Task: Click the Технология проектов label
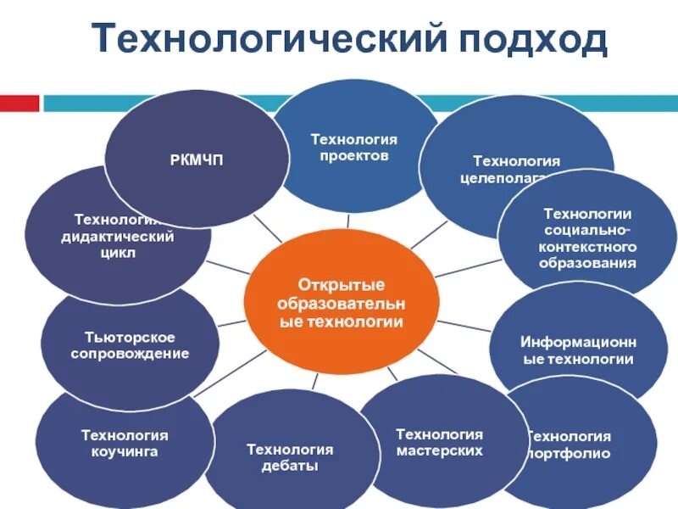point(353,148)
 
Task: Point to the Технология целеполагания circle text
point(516,169)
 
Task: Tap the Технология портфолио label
point(568,445)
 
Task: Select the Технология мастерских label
point(439,442)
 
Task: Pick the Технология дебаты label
point(289,458)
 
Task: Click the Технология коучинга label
point(125,444)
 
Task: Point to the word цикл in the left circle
point(118,253)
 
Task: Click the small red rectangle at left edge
point(19,103)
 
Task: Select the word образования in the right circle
point(587,263)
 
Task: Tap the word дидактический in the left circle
point(118,236)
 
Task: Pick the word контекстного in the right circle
point(587,247)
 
